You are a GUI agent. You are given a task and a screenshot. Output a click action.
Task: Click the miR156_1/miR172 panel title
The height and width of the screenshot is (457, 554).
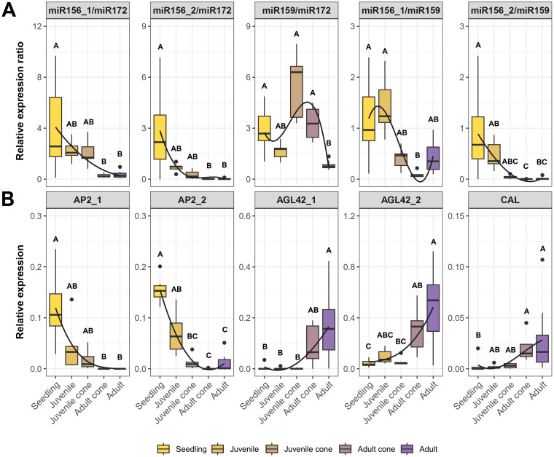click(87, 10)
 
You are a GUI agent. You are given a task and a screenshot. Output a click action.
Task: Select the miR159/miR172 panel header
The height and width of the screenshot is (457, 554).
click(297, 10)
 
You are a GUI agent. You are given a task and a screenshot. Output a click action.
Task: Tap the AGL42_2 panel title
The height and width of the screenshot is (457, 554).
click(401, 200)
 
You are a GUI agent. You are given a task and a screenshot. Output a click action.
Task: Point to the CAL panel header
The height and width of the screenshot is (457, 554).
click(510, 200)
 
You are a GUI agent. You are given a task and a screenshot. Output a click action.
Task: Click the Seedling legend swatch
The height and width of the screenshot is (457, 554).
click(163, 449)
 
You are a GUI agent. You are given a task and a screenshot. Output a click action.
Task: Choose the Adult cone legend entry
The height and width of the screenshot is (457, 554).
click(367, 449)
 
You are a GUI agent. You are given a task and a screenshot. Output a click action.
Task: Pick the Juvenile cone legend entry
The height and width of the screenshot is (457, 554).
click(300, 449)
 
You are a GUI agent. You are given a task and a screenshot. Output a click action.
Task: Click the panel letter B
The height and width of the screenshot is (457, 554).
click(7, 199)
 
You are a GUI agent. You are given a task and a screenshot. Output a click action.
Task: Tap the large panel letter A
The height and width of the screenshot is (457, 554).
click(9, 10)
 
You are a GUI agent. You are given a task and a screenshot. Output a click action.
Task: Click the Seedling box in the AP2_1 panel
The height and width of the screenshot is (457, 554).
click(55, 309)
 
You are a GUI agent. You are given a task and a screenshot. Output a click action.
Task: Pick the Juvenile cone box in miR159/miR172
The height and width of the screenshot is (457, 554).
click(297, 92)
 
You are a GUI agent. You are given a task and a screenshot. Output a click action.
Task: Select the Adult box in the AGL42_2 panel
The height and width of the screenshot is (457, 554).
click(433, 308)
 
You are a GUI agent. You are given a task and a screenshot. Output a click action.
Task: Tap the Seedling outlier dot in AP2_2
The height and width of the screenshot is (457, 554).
click(160, 266)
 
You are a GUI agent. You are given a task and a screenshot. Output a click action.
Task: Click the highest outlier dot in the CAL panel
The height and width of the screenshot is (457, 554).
click(542, 260)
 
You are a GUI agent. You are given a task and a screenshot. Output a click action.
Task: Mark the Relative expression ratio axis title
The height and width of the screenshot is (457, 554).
click(20, 101)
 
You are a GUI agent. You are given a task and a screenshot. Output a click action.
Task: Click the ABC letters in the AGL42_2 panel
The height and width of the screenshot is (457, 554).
click(384, 335)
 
